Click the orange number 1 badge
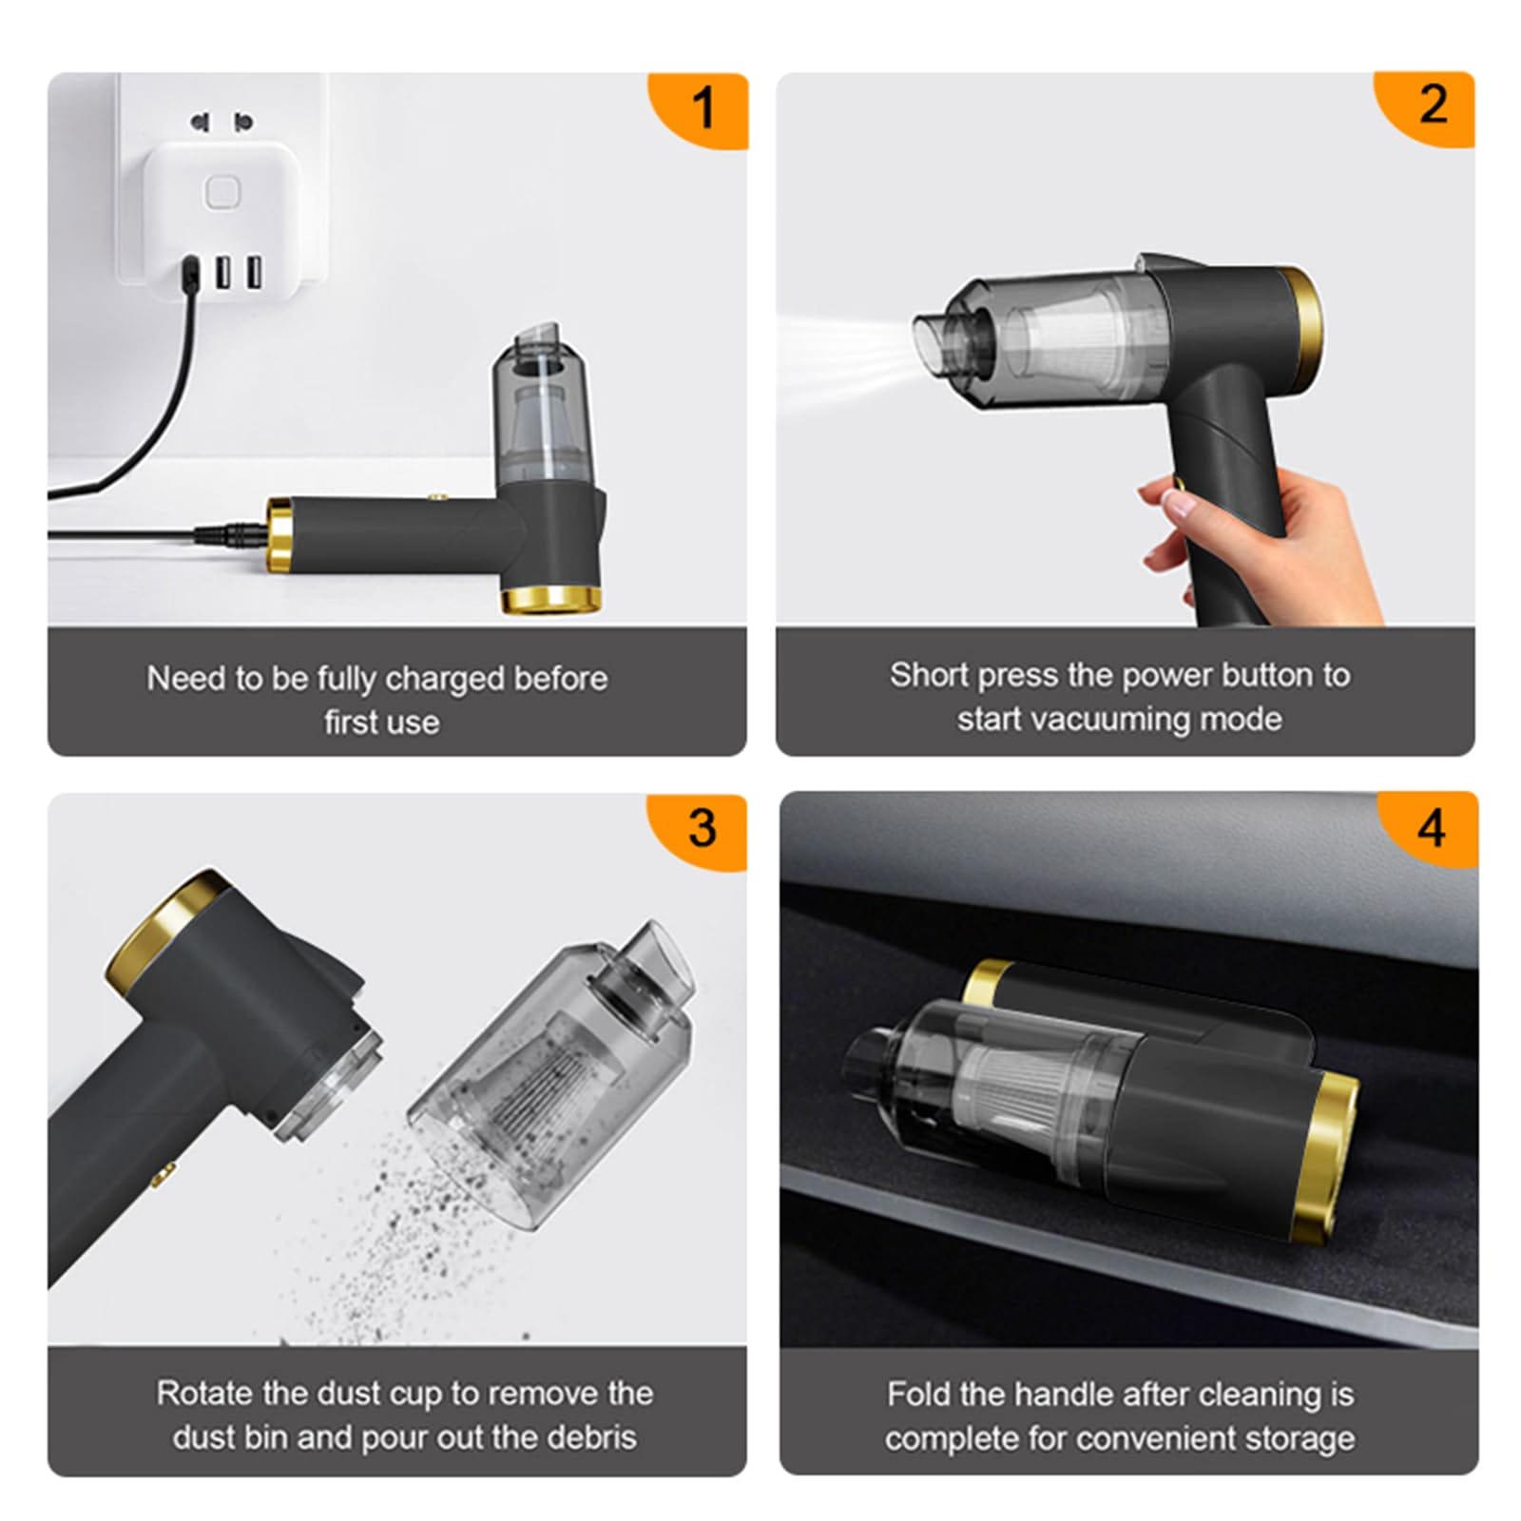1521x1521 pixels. point(703,107)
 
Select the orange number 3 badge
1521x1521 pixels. point(702,828)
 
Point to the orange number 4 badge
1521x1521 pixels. point(1430,828)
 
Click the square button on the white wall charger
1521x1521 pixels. point(221,193)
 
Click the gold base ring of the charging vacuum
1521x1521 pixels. point(551,600)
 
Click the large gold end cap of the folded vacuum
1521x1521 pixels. point(1325,1156)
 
